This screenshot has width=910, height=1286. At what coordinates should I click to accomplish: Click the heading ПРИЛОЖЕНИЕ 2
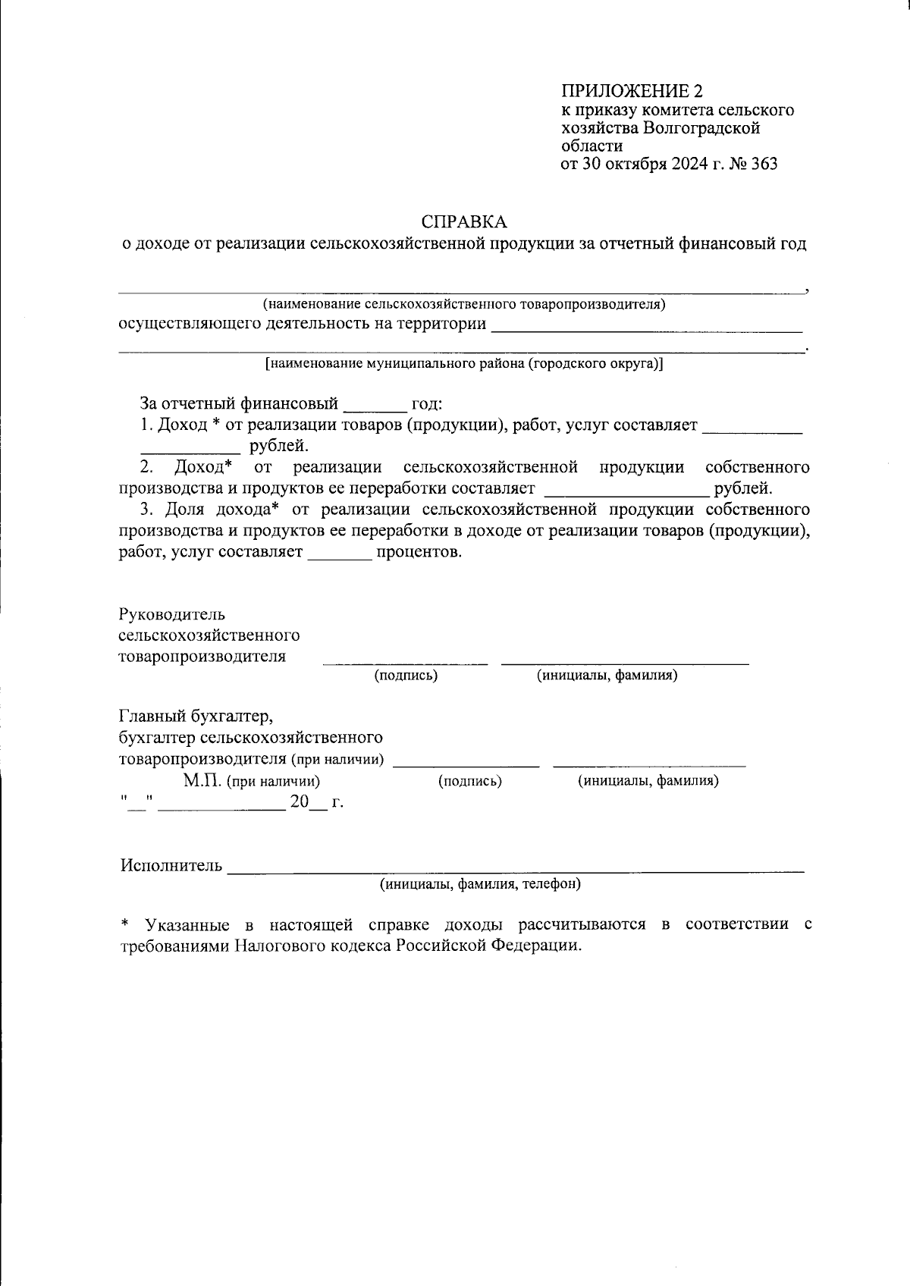[632, 92]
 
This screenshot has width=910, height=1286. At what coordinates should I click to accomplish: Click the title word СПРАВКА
[463, 222]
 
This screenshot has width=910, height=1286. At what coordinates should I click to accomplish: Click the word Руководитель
[172, 614]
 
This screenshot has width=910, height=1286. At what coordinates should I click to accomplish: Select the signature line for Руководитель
[405, 662]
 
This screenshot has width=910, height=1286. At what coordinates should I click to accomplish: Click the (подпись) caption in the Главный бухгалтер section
[470, 780]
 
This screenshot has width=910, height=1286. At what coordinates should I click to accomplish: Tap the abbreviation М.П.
[201, 780]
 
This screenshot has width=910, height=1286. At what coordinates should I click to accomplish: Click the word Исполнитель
[171, 866]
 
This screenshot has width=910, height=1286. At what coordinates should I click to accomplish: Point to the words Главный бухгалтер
[195, 716]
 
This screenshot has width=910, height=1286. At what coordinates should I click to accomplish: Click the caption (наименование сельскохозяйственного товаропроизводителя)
[464, 305]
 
